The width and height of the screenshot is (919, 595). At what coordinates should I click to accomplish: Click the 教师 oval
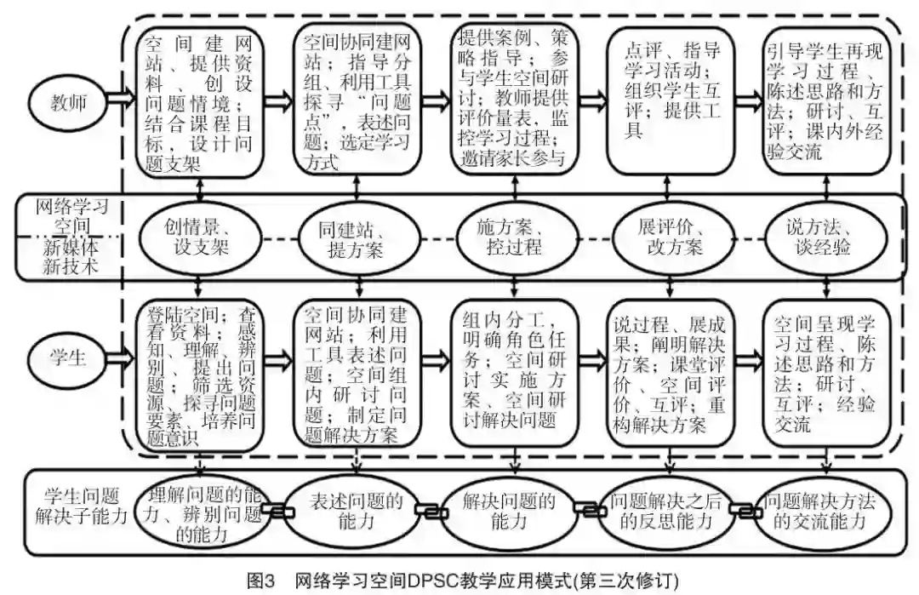pos(66,101)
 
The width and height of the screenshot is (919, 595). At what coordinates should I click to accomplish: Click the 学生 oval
pos(66,358)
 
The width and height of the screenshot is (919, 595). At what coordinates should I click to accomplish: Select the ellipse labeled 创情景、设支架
pos(197,239)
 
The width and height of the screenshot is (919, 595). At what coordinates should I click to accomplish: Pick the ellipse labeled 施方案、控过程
pos(511,239)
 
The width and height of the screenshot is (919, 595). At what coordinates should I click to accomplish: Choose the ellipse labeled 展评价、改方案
pos(669,239)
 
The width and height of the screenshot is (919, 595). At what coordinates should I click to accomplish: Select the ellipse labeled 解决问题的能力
pos(511,512)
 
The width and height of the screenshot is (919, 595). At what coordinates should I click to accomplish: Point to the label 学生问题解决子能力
pos(81,506)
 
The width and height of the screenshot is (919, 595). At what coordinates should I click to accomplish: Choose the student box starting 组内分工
pos(511,373)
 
